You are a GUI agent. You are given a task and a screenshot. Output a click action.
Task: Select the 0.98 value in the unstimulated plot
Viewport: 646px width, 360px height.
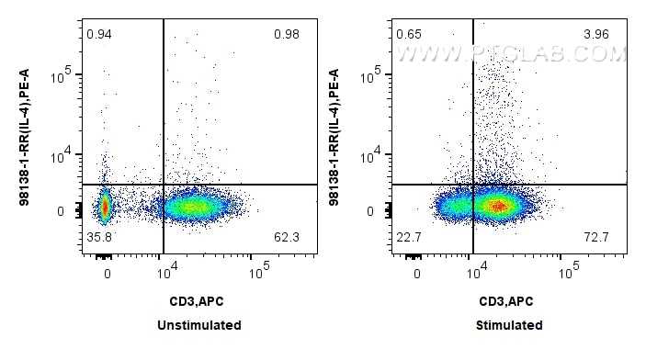tap(288, 35)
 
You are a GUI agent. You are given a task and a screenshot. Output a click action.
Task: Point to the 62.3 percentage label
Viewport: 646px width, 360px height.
tap(288, 238)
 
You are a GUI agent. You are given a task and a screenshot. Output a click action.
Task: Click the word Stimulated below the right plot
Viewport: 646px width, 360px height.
tap(510, 325)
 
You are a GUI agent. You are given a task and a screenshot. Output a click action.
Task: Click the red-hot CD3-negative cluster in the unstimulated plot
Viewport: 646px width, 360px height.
tap(104, 207)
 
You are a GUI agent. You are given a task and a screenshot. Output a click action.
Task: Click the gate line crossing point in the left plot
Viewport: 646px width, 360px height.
tap(164, 185)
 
